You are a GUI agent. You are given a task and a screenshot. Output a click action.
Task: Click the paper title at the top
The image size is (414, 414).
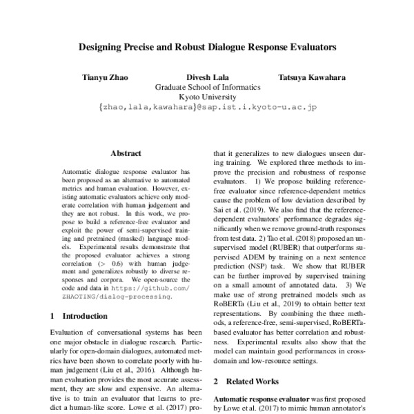pyautogui.click(x=207, y=49)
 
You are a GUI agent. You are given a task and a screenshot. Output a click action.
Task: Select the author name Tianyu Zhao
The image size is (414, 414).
pyautogui.click(x=105, y=77)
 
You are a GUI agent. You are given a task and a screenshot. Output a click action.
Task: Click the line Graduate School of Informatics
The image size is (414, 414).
pyautogui.click(x=207, y=88)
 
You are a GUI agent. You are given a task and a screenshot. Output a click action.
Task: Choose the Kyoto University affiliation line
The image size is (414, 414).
pyautogui.click(x=207, y=98)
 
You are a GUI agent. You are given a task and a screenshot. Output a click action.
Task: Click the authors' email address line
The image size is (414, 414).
pyautogui.click(x=207, y=109)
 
